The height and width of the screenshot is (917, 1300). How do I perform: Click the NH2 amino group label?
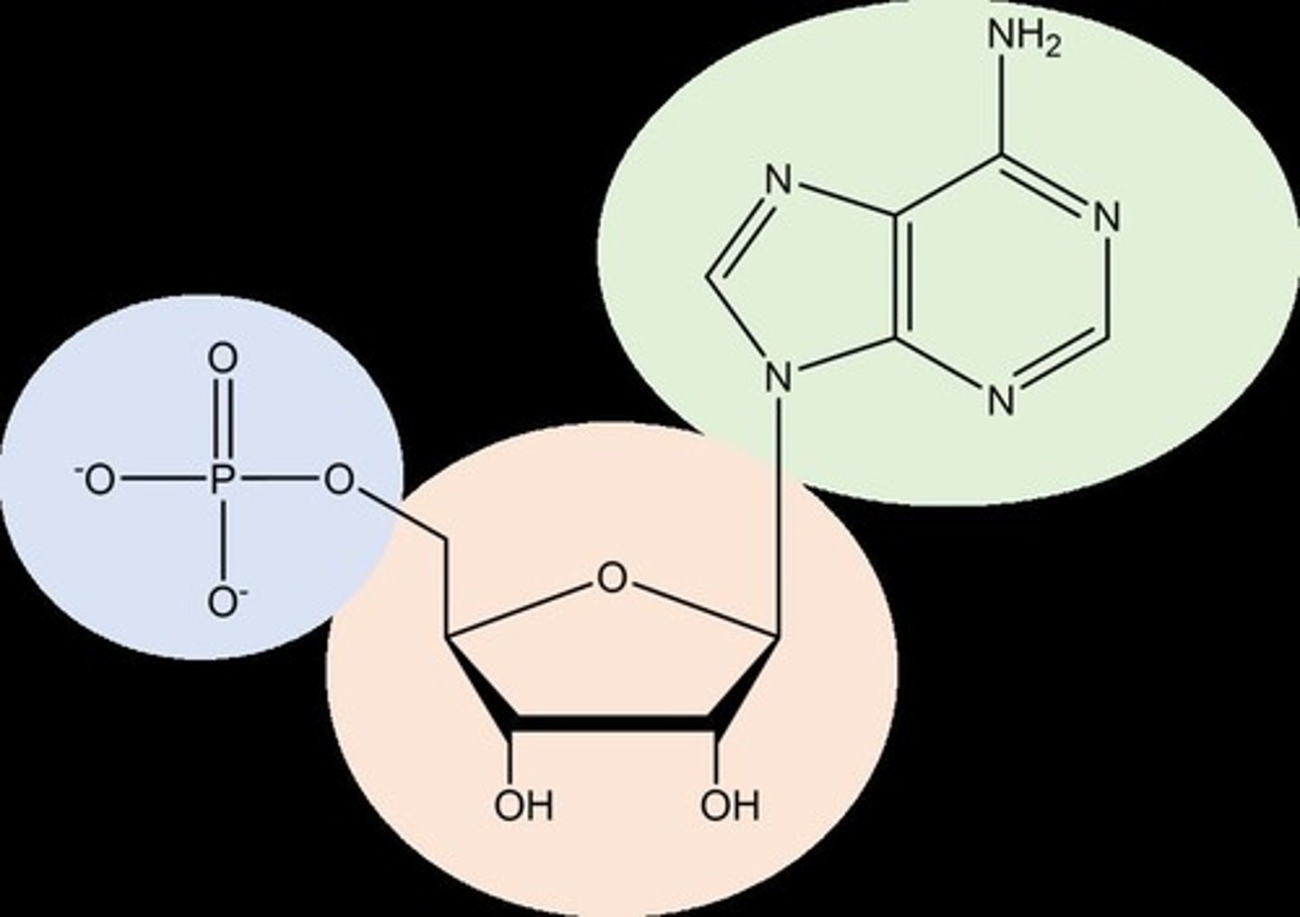coord(1022,38)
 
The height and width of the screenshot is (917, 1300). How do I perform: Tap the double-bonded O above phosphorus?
coord(222,359)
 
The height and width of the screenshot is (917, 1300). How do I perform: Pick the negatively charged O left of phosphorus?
coord(97,481)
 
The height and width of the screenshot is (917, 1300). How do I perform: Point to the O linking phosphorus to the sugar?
coord(339,481)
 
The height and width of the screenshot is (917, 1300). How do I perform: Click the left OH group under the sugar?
coord(523,805)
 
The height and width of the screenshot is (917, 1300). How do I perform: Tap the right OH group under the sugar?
coord(729,805)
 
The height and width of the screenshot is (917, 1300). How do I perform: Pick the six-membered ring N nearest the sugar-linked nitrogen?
coord(998,400)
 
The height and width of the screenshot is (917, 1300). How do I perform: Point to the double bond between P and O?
coord(222,420)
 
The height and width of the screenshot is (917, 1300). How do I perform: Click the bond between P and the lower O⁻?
coord(222,542)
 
